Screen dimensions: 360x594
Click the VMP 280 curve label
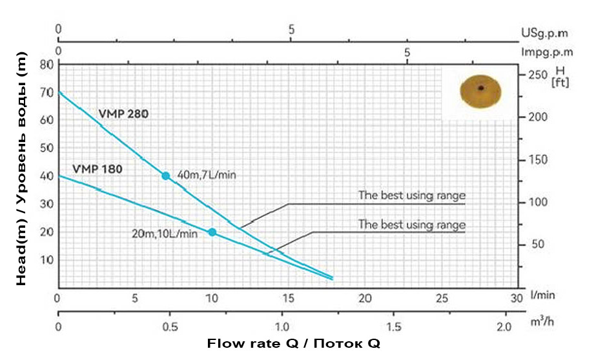pyautogui.click(x=123, y=114)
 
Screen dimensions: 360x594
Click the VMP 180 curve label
pyautogui.click(x=97, y=170)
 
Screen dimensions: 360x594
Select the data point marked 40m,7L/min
pyautogui.click(x=165, y=175)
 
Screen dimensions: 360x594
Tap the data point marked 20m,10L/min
pyautogui.click(x=212, y=232)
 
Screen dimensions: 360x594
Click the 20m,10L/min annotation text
pyautogui.click(x=164, y=233)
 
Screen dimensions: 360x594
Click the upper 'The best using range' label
pyautogui.click(x=412, y=196)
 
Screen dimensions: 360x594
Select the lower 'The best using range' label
pyautogui.click(x=412, y=225)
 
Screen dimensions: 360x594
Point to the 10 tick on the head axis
pyautogui.click(x=46, y=259)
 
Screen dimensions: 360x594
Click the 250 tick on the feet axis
pyautogui.click(x=537, y=74)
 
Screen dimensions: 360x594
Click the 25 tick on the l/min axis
pyautogui.click(x=442, y=299)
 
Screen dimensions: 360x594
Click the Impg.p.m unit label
pyautogui.click(x=548, y=52)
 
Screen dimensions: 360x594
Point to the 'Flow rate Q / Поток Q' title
pyautogui.click(x=294, y=343)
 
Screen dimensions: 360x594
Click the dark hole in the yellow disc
pyautogui.click(x=480, y=88)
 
